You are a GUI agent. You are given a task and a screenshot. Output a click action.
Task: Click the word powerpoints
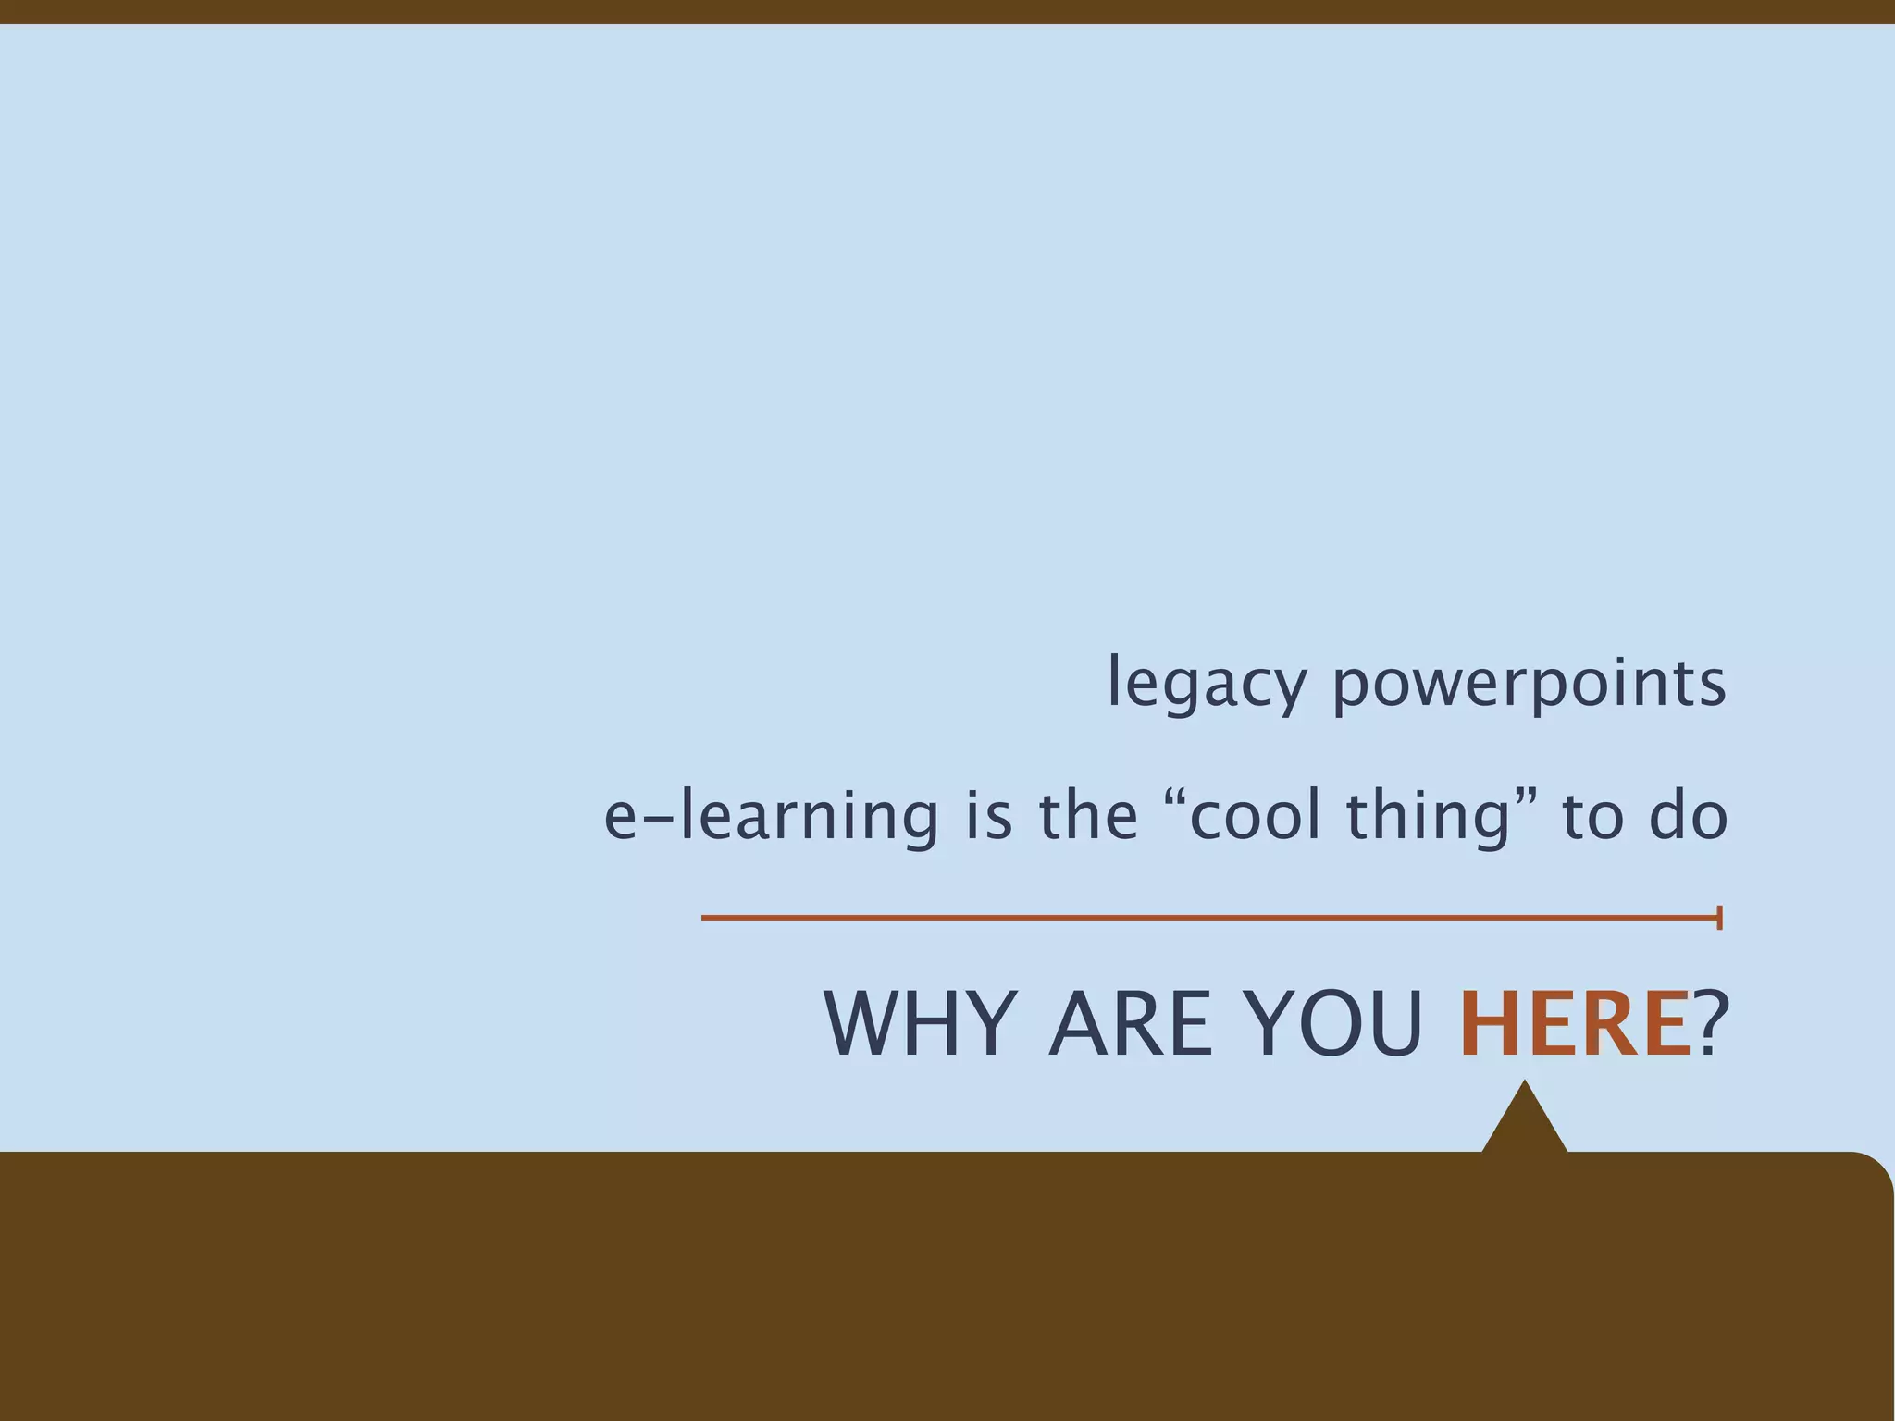(x=1529, y=684)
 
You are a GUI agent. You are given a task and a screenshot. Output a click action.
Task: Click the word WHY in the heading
(x=915, y=1024)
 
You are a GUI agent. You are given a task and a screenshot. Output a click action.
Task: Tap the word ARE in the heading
(x=1130, y=1024)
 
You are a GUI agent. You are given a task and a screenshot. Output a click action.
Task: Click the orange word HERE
(x=1574, y=1024)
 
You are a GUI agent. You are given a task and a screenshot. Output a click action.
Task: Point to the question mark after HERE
(x=1711, y=1024)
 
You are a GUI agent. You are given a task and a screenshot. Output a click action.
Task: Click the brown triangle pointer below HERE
(x=1524, y=1125)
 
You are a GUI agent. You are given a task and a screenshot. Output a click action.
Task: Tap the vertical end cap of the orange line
(x=1719, y=918)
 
